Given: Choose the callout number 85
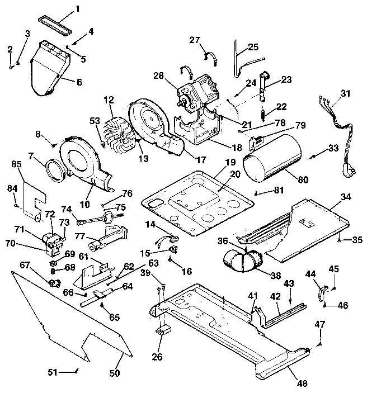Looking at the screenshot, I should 16,164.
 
